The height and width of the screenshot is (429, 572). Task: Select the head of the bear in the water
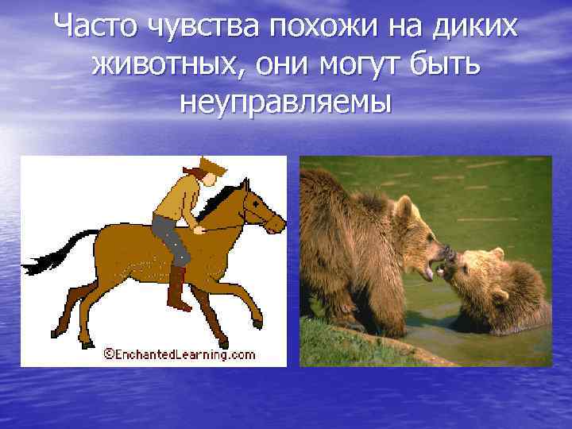477,274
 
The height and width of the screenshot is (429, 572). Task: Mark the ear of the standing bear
404,207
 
